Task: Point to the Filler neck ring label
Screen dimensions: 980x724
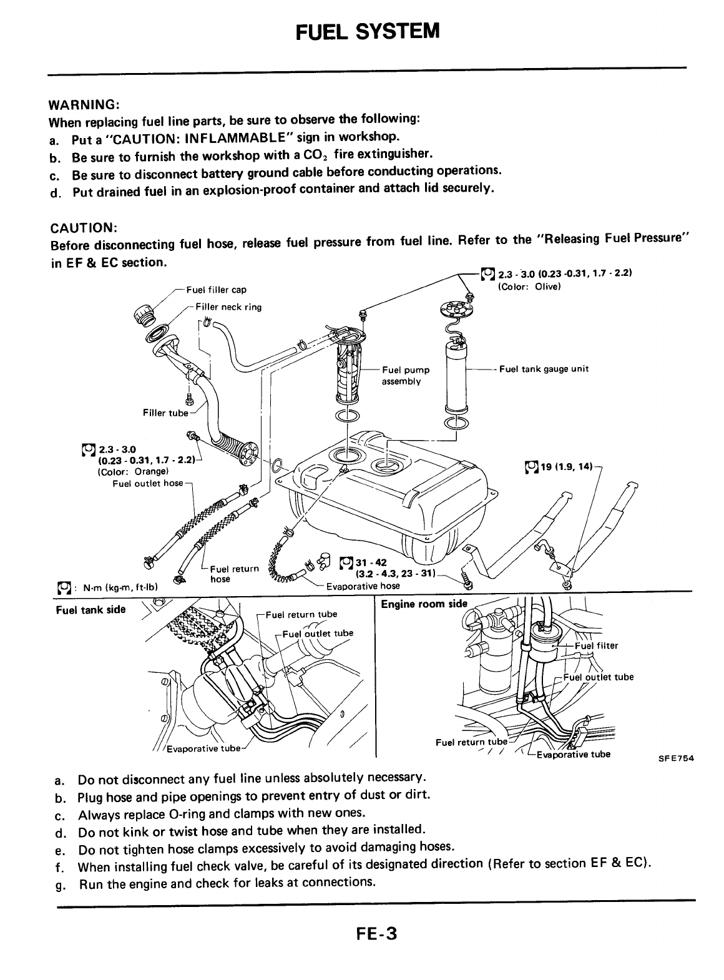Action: pyautogui.click(x=228, y=307)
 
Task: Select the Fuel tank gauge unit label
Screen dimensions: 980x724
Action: pyautogui.click(x=544, y=369)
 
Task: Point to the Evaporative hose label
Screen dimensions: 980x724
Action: pyautogui.click(x=363, y=586)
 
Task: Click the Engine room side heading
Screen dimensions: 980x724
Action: pyautogui.click(x=424, y=604)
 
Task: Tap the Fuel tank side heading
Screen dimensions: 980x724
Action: pyautogui.click(x=90, y=610)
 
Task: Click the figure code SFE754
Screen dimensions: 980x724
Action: pyautogui.click(x=677, y=759)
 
